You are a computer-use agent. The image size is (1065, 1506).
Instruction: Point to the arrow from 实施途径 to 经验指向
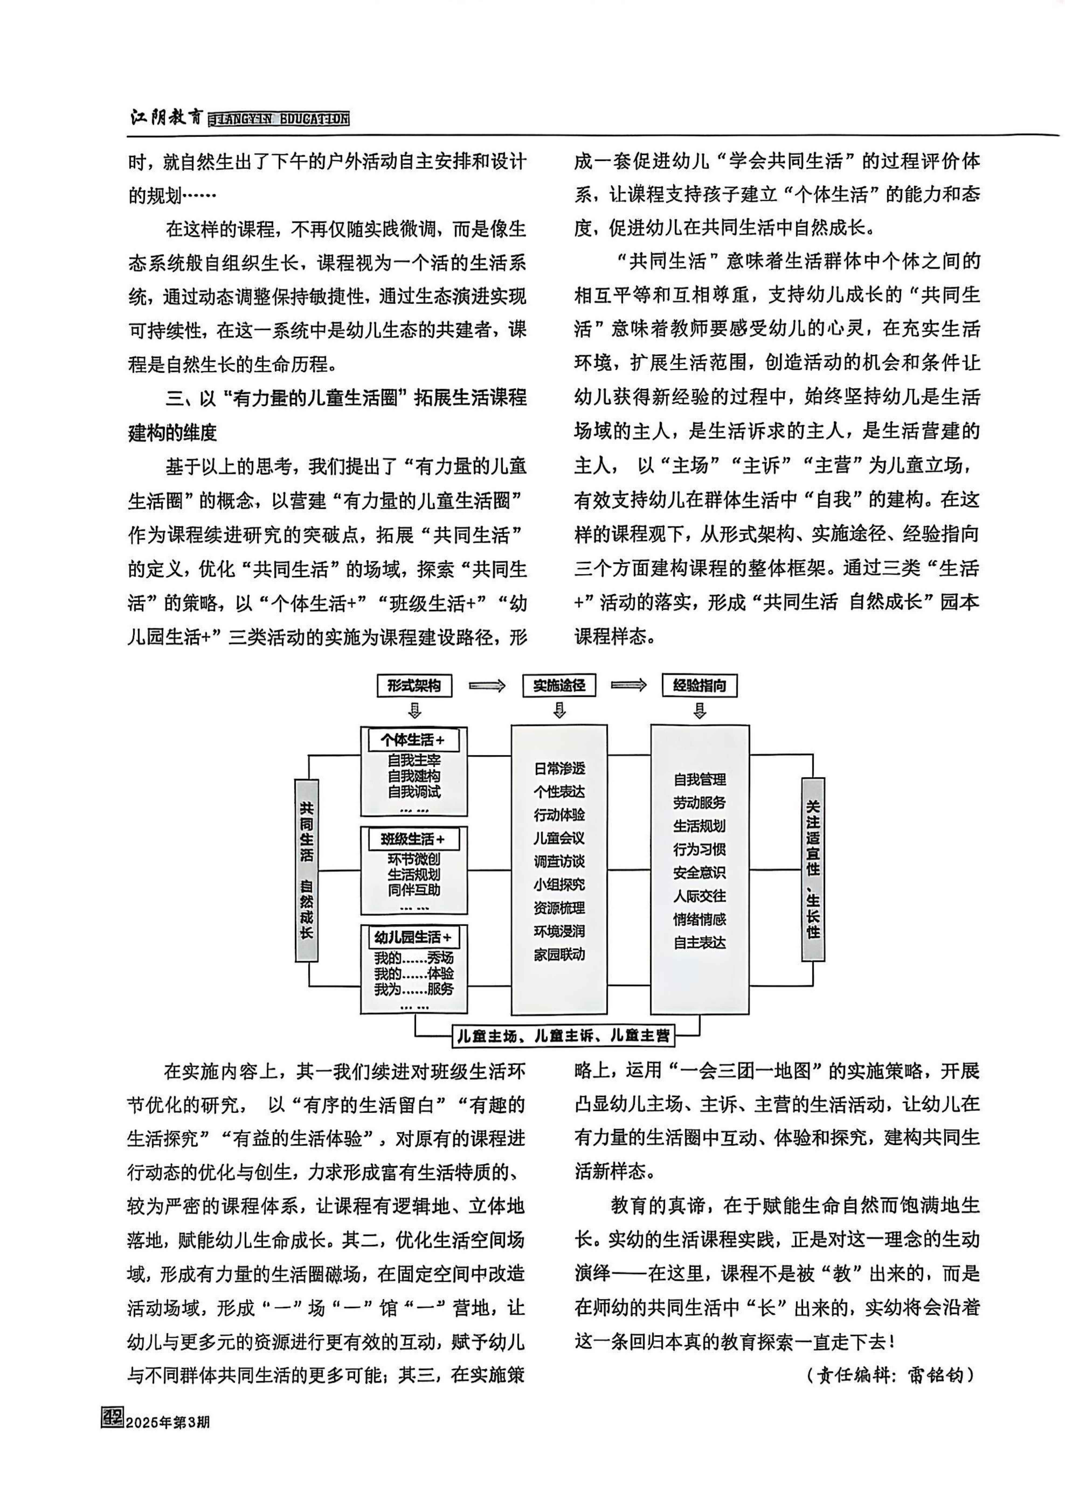[629, 685]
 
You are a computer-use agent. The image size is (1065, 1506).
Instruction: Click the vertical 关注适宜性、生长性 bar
[813, 869]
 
